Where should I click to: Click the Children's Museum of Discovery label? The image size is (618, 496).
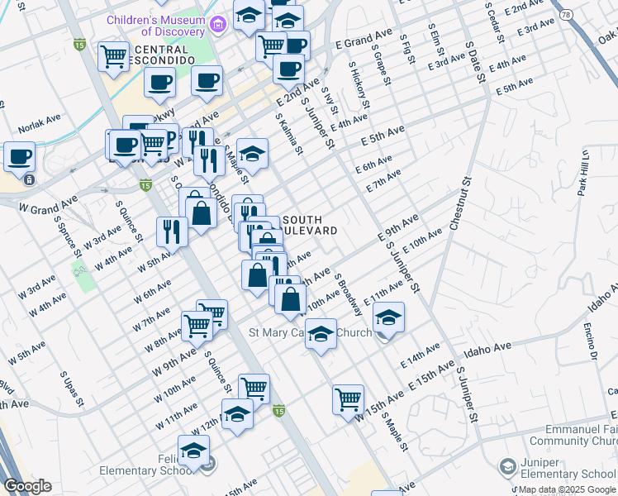point(154,25)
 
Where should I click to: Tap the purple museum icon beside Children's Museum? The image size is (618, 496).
point(217,25)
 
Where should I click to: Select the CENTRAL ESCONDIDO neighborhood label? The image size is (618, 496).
point(153,55)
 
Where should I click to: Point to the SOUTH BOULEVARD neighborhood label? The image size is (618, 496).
point(310,225)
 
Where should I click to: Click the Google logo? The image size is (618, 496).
point(27,486)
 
